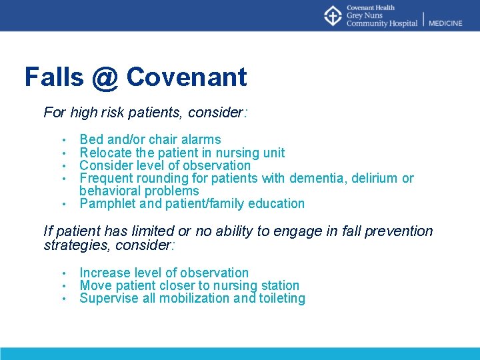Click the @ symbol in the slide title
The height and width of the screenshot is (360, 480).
[105, 77]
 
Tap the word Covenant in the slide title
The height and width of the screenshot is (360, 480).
[186, 77]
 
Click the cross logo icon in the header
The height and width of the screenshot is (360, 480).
[333, 15]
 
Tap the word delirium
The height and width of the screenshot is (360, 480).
[375, 178]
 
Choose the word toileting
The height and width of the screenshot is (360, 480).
[279, 299]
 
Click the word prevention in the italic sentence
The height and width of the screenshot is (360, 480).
[397, 231]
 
